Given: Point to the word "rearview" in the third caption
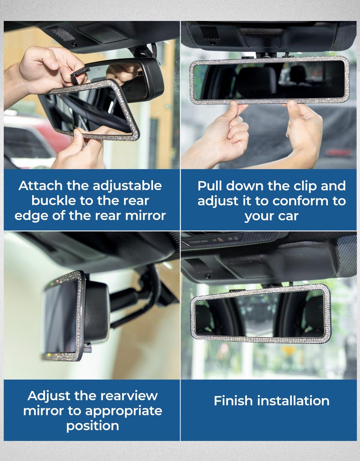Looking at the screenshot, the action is pyautogui.click(x=129, y=396).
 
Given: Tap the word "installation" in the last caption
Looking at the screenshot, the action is pyautogui.click(x=293, y=401).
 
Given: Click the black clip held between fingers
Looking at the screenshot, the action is pyautogui.click(x=79, y=74).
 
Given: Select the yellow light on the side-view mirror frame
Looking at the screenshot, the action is pyautogui.click(x=49, y=355).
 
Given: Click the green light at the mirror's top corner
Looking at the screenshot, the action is pyautogui.click(x=51, y=283).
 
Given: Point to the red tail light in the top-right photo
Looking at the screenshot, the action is pyautogui.click(x=339, y=152).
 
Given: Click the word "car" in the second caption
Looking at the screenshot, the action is pyautogui.click(x=288, y=216).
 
